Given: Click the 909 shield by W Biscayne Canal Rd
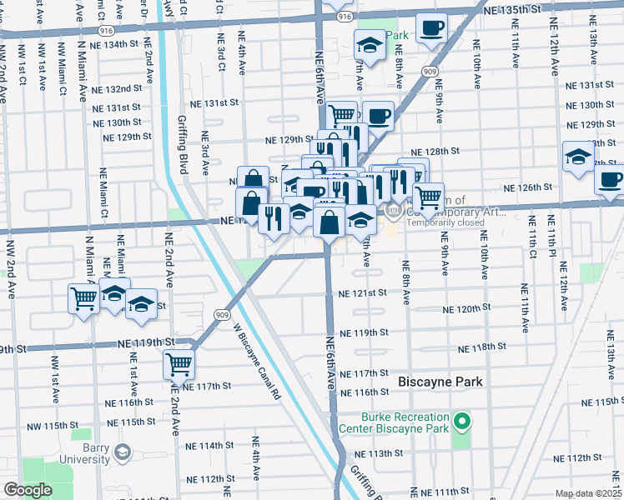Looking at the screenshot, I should [222, 315].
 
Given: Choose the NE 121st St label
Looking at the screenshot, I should [363, 293].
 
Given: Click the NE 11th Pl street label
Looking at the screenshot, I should [551, 232].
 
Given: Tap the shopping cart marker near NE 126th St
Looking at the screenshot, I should [428, 197].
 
